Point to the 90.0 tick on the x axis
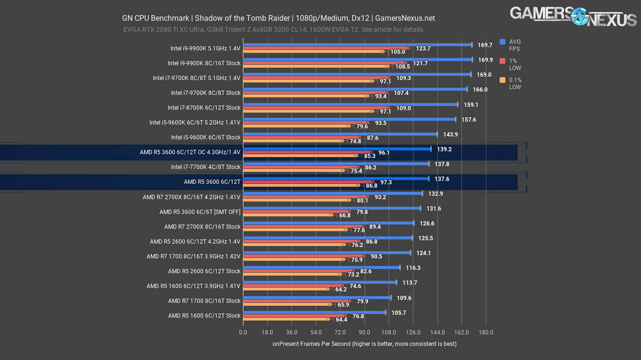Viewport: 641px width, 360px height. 364,332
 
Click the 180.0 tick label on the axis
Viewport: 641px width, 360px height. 486,332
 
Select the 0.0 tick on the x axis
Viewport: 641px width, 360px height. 243,332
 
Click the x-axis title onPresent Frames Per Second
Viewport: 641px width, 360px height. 364,344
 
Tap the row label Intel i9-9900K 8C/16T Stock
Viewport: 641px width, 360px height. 204,63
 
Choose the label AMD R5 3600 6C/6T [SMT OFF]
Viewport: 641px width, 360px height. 200,211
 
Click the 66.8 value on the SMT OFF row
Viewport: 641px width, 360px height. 344,216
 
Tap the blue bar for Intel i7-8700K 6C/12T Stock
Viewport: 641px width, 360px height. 350,104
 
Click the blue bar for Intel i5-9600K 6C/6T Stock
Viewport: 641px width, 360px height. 340,134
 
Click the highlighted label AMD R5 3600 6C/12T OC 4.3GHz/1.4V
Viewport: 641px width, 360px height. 190,152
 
